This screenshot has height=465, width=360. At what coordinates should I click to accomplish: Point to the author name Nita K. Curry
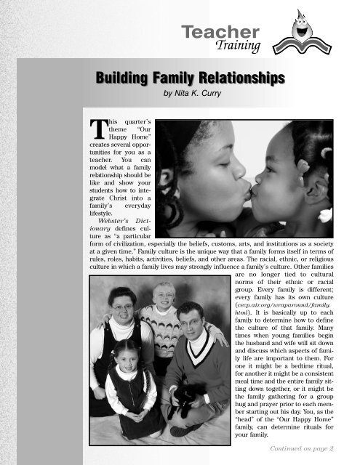[x=191, y=93]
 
